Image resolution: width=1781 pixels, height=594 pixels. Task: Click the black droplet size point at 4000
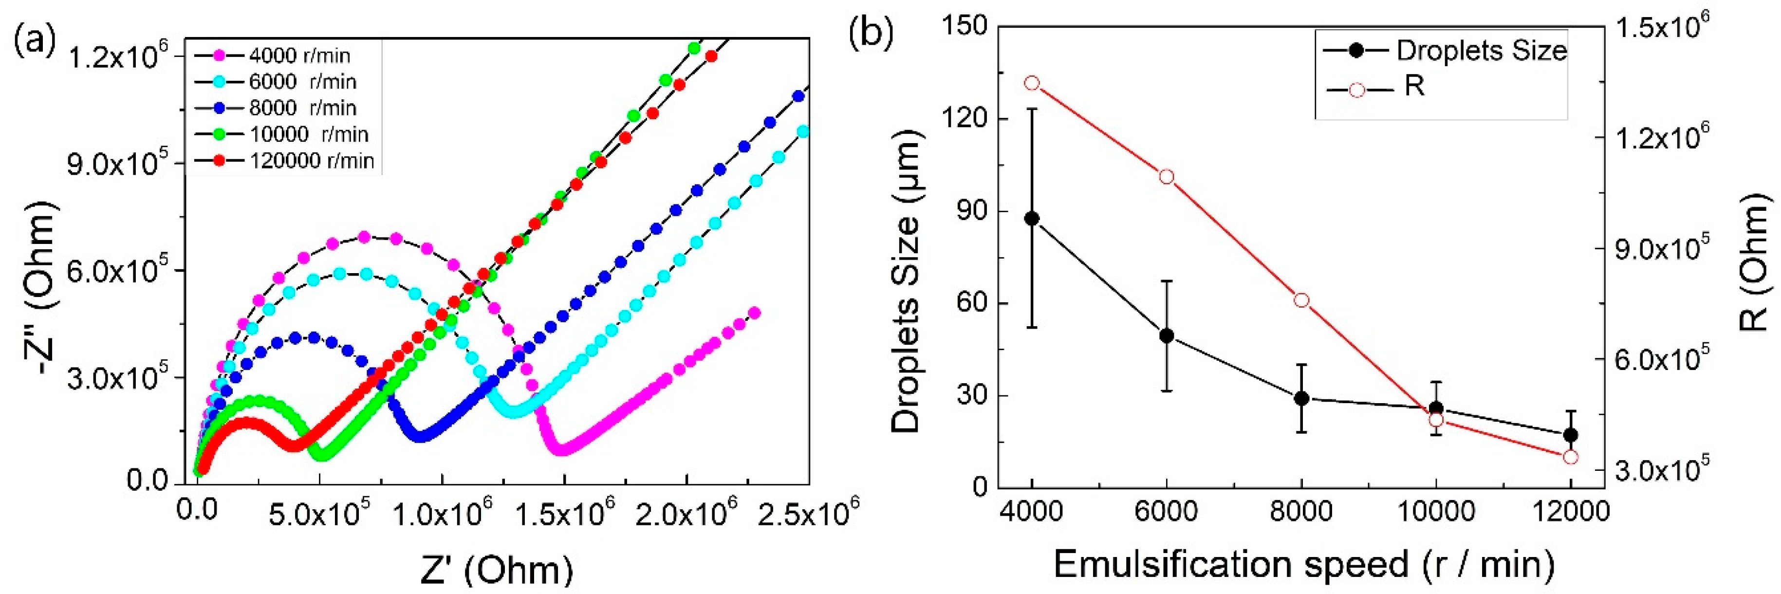[1032, 219]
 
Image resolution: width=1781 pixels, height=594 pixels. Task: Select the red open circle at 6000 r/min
[1167, 177]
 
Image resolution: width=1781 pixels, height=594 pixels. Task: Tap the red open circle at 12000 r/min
[1570, 457]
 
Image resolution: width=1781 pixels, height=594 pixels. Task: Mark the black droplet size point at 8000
[1301, 398]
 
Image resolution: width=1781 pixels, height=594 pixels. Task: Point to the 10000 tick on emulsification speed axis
[1435, 512]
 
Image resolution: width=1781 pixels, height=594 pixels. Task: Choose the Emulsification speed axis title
[1304, 564]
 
